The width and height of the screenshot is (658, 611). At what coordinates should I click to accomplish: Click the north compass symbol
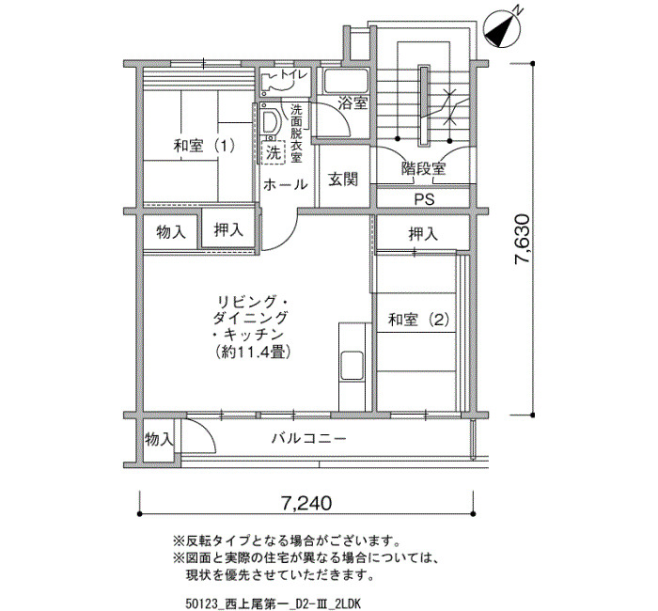coord(502,28)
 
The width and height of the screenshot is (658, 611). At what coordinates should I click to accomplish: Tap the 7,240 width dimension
coord(305,502)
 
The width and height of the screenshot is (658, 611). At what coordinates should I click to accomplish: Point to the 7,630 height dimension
coord(524,239)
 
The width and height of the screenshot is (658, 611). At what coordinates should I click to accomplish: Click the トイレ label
coord(294,75)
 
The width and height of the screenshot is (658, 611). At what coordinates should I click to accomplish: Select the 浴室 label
coord(352,103)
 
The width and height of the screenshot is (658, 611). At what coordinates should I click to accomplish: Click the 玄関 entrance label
coord(343,180)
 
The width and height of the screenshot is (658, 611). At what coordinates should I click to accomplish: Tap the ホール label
coord(286,184)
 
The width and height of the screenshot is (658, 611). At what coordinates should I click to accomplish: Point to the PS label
coord(424,199)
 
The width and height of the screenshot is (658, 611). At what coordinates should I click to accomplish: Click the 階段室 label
coord(423,168)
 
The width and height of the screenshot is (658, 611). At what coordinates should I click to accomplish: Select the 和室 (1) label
coord(204,146)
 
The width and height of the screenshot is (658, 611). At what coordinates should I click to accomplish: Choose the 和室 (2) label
coord(419,320)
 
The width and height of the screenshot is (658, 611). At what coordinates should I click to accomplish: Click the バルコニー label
coord(309,439)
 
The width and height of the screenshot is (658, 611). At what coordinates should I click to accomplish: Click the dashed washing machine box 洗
coord(274,152)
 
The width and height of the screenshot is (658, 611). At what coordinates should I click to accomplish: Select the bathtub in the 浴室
coord(346,81)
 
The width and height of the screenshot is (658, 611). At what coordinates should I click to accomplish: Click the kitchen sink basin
coord(352,365)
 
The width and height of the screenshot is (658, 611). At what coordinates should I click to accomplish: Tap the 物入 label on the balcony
coord(159,439)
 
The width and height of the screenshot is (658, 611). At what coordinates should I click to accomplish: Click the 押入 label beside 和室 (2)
coord(423,234)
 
